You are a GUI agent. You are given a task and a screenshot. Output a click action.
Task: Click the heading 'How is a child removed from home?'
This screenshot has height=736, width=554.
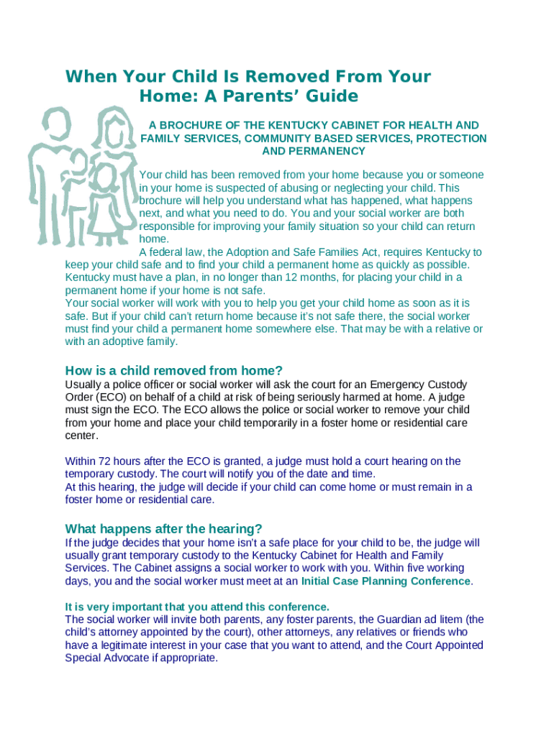[x=173, y=371]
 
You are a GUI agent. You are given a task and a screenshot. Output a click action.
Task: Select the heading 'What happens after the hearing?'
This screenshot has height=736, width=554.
[x=163, y=528]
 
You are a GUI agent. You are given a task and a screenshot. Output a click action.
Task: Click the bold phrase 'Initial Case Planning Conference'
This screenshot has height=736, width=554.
[x=386, y=581]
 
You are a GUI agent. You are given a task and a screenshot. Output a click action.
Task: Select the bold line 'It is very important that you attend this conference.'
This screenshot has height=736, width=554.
[x=197, y=606]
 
